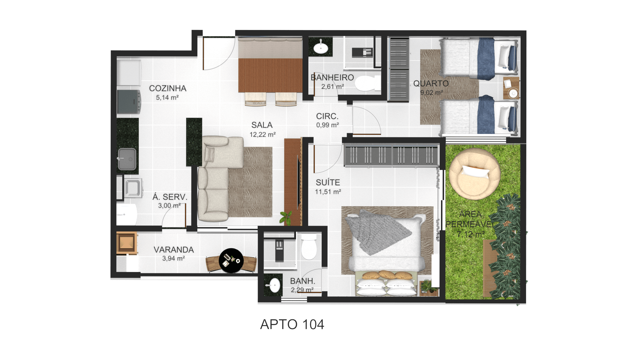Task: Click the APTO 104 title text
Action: point(292,324)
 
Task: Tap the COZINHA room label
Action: point(168,88)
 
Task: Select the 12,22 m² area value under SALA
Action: point(263,135)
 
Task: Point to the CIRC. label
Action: point(327,116)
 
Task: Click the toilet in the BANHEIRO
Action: point(367,83)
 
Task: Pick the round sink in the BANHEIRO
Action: point(321,48)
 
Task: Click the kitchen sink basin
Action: point(127,159)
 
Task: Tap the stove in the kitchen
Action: point(129,102)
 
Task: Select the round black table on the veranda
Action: point(231,261)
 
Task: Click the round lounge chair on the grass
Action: point(474,174)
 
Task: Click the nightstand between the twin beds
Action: point(511,88)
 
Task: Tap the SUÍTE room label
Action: point(328,183)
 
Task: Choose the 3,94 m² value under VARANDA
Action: point(174,258)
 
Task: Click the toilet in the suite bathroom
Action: point(309,247)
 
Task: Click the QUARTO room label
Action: point(431,83)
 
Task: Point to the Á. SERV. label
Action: point(170,197)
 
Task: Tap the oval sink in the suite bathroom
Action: point(274,285)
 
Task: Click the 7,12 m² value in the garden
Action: point(470,234)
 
